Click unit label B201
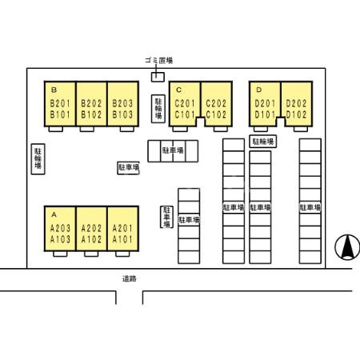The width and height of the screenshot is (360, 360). [x=60, y=103]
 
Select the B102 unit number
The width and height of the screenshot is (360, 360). [x=91, y=114]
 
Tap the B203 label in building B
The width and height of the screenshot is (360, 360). [x=122, y=103]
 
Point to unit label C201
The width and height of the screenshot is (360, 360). [x=185, y=103]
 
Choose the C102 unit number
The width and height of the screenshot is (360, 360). [x=216, y=114]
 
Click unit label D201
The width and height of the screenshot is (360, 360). [x=265, y=103]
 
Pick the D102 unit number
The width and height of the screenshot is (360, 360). [x=296, y=114]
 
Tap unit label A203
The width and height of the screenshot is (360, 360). [x=60, y=228]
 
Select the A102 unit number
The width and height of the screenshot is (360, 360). [x=91, y=239]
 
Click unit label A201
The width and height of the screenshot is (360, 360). [x=122, y=228]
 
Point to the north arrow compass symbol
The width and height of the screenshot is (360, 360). [x=347, y=247]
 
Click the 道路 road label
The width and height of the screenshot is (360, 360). [x=130, y=279]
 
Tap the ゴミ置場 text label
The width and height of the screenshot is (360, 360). [x=159, y=61]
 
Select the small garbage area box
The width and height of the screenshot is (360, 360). [x=158, y=77]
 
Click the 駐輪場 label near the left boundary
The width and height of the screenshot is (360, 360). [x=38, y=159]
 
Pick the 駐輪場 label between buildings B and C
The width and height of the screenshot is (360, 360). [x=158, y=109]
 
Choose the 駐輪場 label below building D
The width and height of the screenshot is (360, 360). [x=263, y=142]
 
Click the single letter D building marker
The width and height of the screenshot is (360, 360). [x=258, y=90]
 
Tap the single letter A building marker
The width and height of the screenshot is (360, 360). [x=54, y=214]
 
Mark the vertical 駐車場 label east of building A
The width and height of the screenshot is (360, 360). [x=166, y=217]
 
